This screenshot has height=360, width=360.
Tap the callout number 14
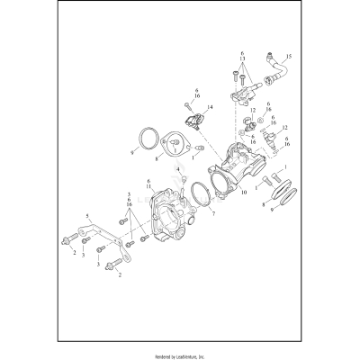click(x=209, y=109)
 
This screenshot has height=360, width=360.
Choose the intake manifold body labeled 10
click(x=236, y=171)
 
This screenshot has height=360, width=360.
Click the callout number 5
click(x=87, y=217)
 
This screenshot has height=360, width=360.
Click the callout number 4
click(x=178, y=169)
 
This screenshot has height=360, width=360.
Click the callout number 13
click(x=242, y=60)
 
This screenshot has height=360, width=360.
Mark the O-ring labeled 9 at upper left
click(x=145, y=139)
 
